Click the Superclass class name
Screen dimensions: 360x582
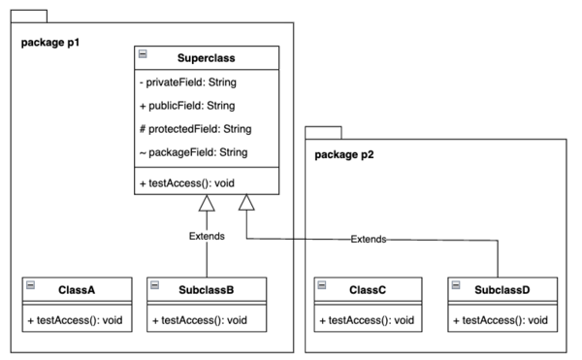pos(207,58)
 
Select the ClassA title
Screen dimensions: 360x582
pos(76,288)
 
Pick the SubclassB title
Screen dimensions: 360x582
pos(206,288)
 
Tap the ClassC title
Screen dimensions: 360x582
pos(368,288)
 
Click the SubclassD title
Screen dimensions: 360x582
pos(503,288)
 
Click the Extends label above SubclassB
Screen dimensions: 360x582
pos(207,236)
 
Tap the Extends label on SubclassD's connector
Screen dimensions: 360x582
pos(369,239)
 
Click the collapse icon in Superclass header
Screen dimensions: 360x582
pos(144,55)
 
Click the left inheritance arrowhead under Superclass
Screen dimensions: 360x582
pos(207,204)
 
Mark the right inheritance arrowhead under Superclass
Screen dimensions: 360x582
pos(247,204)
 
